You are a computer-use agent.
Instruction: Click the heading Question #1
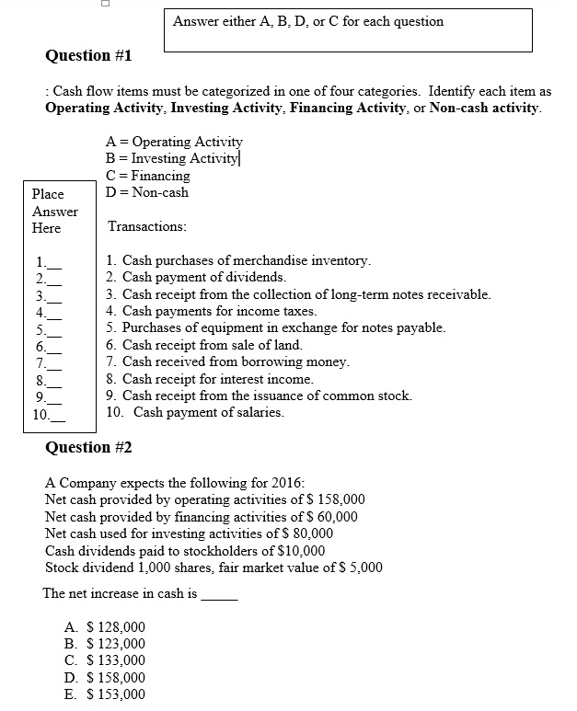(89, 56)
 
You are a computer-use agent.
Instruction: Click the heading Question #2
(89, 448)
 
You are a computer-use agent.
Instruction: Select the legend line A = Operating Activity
(175, 142)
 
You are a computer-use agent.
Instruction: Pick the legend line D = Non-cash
(148, 192)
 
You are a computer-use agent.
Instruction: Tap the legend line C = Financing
(149, 176)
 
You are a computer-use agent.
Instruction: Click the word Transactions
(147, 226)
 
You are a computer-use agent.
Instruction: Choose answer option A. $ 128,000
(106, 627)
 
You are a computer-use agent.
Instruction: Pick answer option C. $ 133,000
(106, 660)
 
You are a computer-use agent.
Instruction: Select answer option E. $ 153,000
(106, 694)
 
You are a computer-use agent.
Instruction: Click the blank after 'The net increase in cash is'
(219, 595)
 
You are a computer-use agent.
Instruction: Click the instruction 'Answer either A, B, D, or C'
(308, 21)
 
